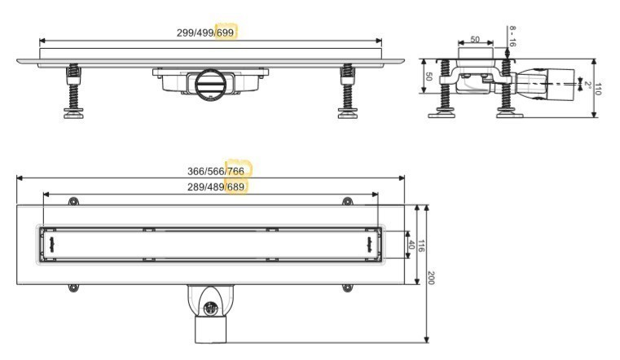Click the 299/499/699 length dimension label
205,33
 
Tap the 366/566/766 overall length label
216,172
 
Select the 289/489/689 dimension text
216,187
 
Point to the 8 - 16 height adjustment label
512,37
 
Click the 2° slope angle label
587,85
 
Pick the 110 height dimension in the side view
598,90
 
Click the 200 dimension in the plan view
431,278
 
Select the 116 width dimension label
421,246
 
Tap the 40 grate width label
411,245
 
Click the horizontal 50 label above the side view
475,39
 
